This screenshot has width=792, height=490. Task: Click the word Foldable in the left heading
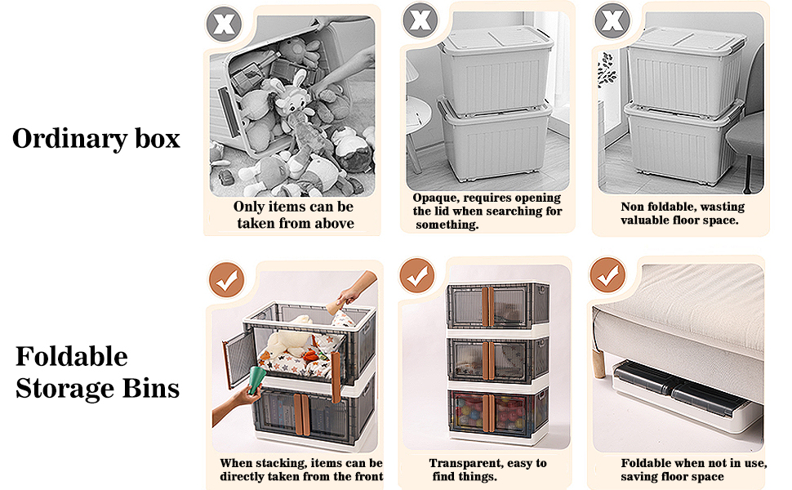[x=72, y=357]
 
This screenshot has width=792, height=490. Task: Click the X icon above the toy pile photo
[x=224, y=22]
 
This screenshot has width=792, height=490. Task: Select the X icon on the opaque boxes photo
[x=420, y=19]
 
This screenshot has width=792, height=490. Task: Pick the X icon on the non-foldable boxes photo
[x=612, y=19]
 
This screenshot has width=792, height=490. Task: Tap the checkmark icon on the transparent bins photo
[x=417, y=278]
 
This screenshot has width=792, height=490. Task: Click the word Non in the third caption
[x=634, y=207]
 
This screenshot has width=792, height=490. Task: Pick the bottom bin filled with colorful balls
[x=487, y=414]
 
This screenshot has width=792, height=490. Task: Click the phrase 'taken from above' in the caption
[x=295, y=223]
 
